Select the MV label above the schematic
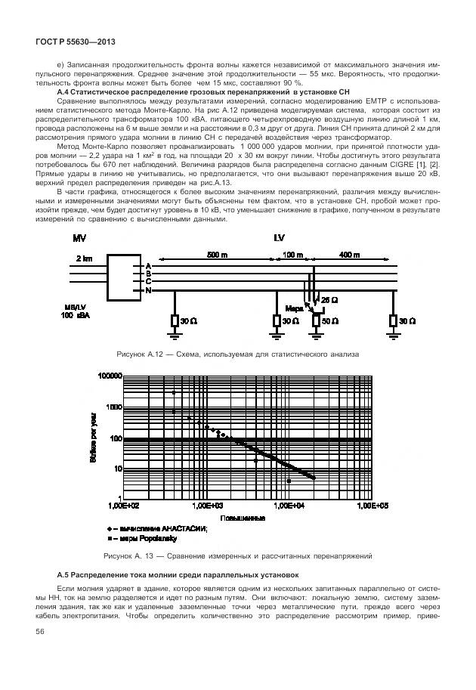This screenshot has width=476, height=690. (x=79, y=238)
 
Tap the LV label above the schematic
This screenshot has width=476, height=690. (x=278, y=238)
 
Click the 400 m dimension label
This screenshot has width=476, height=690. (x=350, y=255)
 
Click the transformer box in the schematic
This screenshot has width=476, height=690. (x=124, y=279)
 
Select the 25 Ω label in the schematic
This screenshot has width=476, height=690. (x=329, y=300)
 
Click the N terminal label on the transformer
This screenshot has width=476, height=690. (x=149, y=290)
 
